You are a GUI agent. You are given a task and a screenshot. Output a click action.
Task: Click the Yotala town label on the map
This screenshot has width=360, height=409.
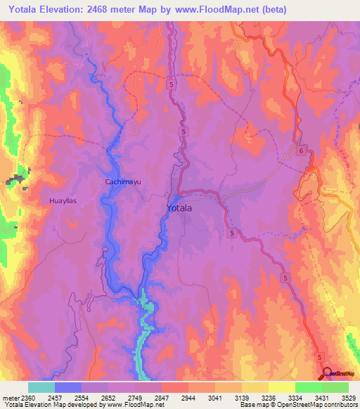pos(183,208)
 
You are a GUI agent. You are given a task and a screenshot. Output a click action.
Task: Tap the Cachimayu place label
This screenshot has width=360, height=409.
pos(123,181)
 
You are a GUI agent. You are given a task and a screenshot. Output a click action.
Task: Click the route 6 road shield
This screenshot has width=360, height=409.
pos(300,150)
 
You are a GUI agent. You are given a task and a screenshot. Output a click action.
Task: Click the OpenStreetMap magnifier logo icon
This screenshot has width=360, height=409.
pos(328,372)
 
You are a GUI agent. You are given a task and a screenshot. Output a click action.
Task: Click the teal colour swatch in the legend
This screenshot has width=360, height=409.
pos(41,387)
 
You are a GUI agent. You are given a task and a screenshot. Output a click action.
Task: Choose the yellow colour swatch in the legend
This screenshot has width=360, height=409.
pos(281,387)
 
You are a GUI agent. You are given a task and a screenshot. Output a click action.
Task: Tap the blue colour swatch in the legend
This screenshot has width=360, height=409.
pos(67,387)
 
